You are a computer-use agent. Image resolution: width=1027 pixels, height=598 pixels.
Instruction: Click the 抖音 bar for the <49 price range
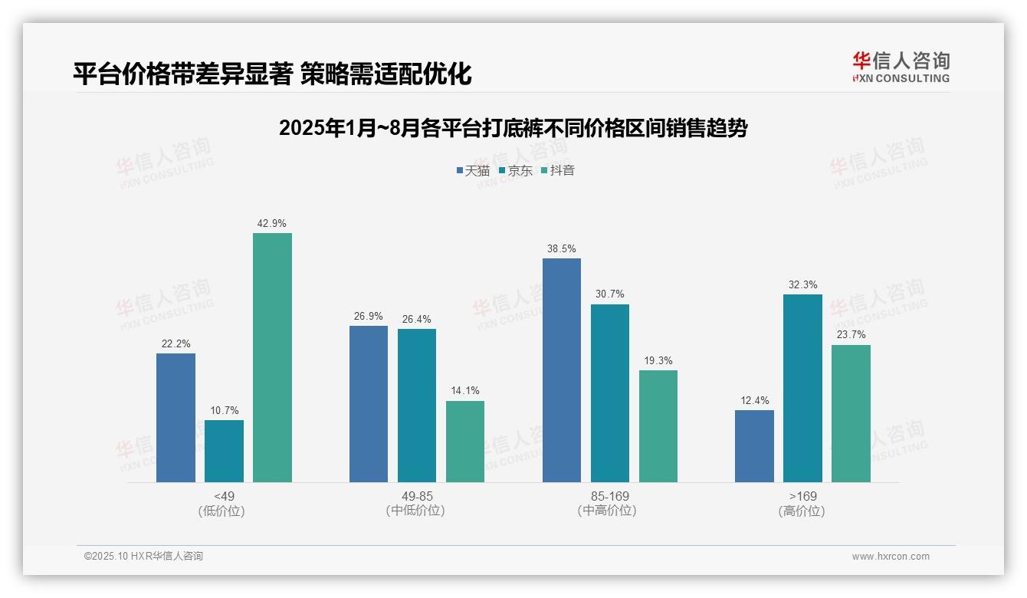pyautogui.click(x=272, y=357)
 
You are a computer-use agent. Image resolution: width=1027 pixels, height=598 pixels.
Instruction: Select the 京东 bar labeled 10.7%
pyautogui.click(x=224, y=451)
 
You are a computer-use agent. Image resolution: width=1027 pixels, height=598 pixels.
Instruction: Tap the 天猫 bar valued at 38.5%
pyautogui.click(x=562, y=370)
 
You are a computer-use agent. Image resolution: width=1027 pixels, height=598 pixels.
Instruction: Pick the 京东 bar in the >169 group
pyautogui.click(x=802, y=388)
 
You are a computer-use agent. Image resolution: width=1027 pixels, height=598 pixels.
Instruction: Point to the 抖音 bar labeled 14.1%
pyautogui.click(x=465, y=442)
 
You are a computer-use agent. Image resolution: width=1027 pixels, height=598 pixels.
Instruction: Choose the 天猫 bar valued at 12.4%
pyautogui.click(x=754, y=446)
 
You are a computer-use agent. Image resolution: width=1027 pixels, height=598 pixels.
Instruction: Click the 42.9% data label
pyautogui.click(x=272, y=224)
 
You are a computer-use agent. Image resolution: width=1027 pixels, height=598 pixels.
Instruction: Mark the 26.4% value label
pyautogui.click(x=417, y=320)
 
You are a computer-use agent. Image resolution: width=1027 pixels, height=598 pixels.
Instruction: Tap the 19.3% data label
pyautogui.click(x=658, y=361)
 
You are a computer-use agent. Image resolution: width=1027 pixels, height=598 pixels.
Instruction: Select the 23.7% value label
pyautogui.click(x=851, y=335)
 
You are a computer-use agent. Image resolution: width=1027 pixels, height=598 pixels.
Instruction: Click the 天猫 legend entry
pyautogui.click(x=473, y=170)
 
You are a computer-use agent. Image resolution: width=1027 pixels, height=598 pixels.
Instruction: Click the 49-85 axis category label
pyautogui.click(x=417, y=497)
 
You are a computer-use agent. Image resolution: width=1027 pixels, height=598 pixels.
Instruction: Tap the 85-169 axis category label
pyautogui.click(x=610, y=497)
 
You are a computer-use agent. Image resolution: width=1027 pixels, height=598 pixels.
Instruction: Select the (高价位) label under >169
pyautogui.click(x=802, y=511)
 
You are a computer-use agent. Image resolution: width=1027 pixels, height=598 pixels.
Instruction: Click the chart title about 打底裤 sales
pyautogui.click(x=513, y=128)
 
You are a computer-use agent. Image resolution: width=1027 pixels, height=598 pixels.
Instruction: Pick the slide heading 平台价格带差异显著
pyautogui.click(x=272, y=74)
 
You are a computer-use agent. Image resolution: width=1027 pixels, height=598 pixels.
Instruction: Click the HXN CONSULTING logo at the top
pyautogui.click(x=901, y=67)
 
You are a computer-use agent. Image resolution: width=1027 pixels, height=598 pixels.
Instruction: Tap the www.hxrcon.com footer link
pyautogui.click(x=891, y=557)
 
